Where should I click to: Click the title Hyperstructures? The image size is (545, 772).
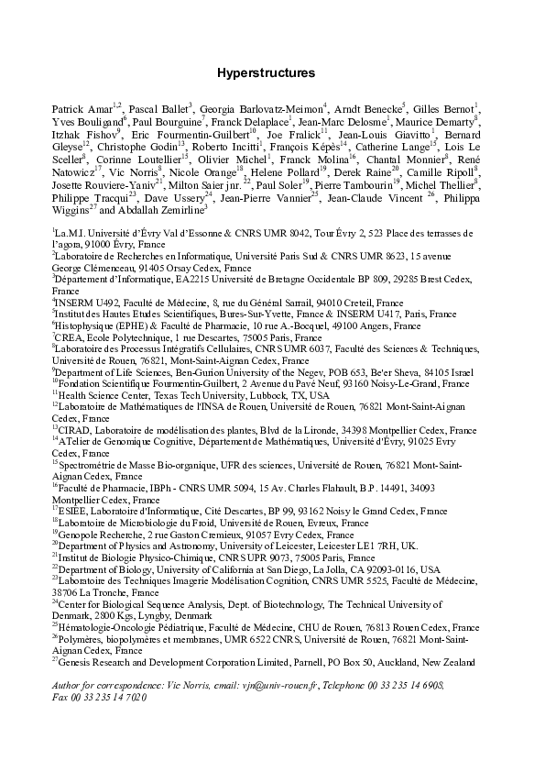pyautogui.click(x=266, y=72)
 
